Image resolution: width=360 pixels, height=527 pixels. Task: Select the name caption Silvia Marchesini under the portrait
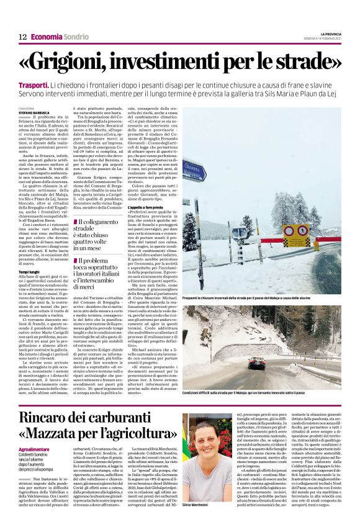(x=197, y=523)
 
